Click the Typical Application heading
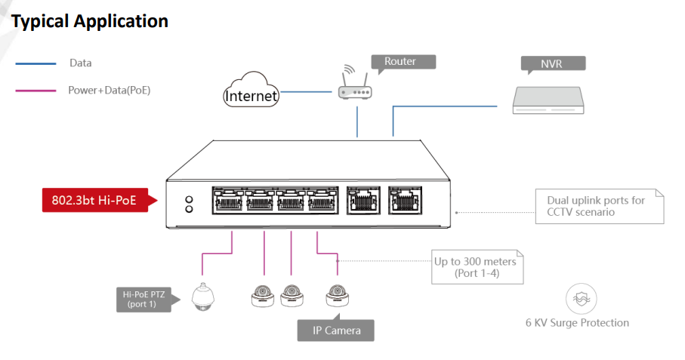tap(90, 21)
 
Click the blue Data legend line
tap(35, 64)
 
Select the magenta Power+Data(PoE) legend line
tap(35, 90)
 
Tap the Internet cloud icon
tap(251, 90)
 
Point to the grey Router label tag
tap(402, 62)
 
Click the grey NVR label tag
tap(551, 63)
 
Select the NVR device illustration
tap(548, 100)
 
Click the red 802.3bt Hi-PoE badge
tap(95, 201)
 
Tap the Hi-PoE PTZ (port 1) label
tap(143, 299)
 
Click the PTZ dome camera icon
tap(202, 297)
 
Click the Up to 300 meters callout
tap(476, 267)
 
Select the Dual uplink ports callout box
tap(600, 206)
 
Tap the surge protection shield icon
tap(580, 299)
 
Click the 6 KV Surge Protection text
tap(577, 323)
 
